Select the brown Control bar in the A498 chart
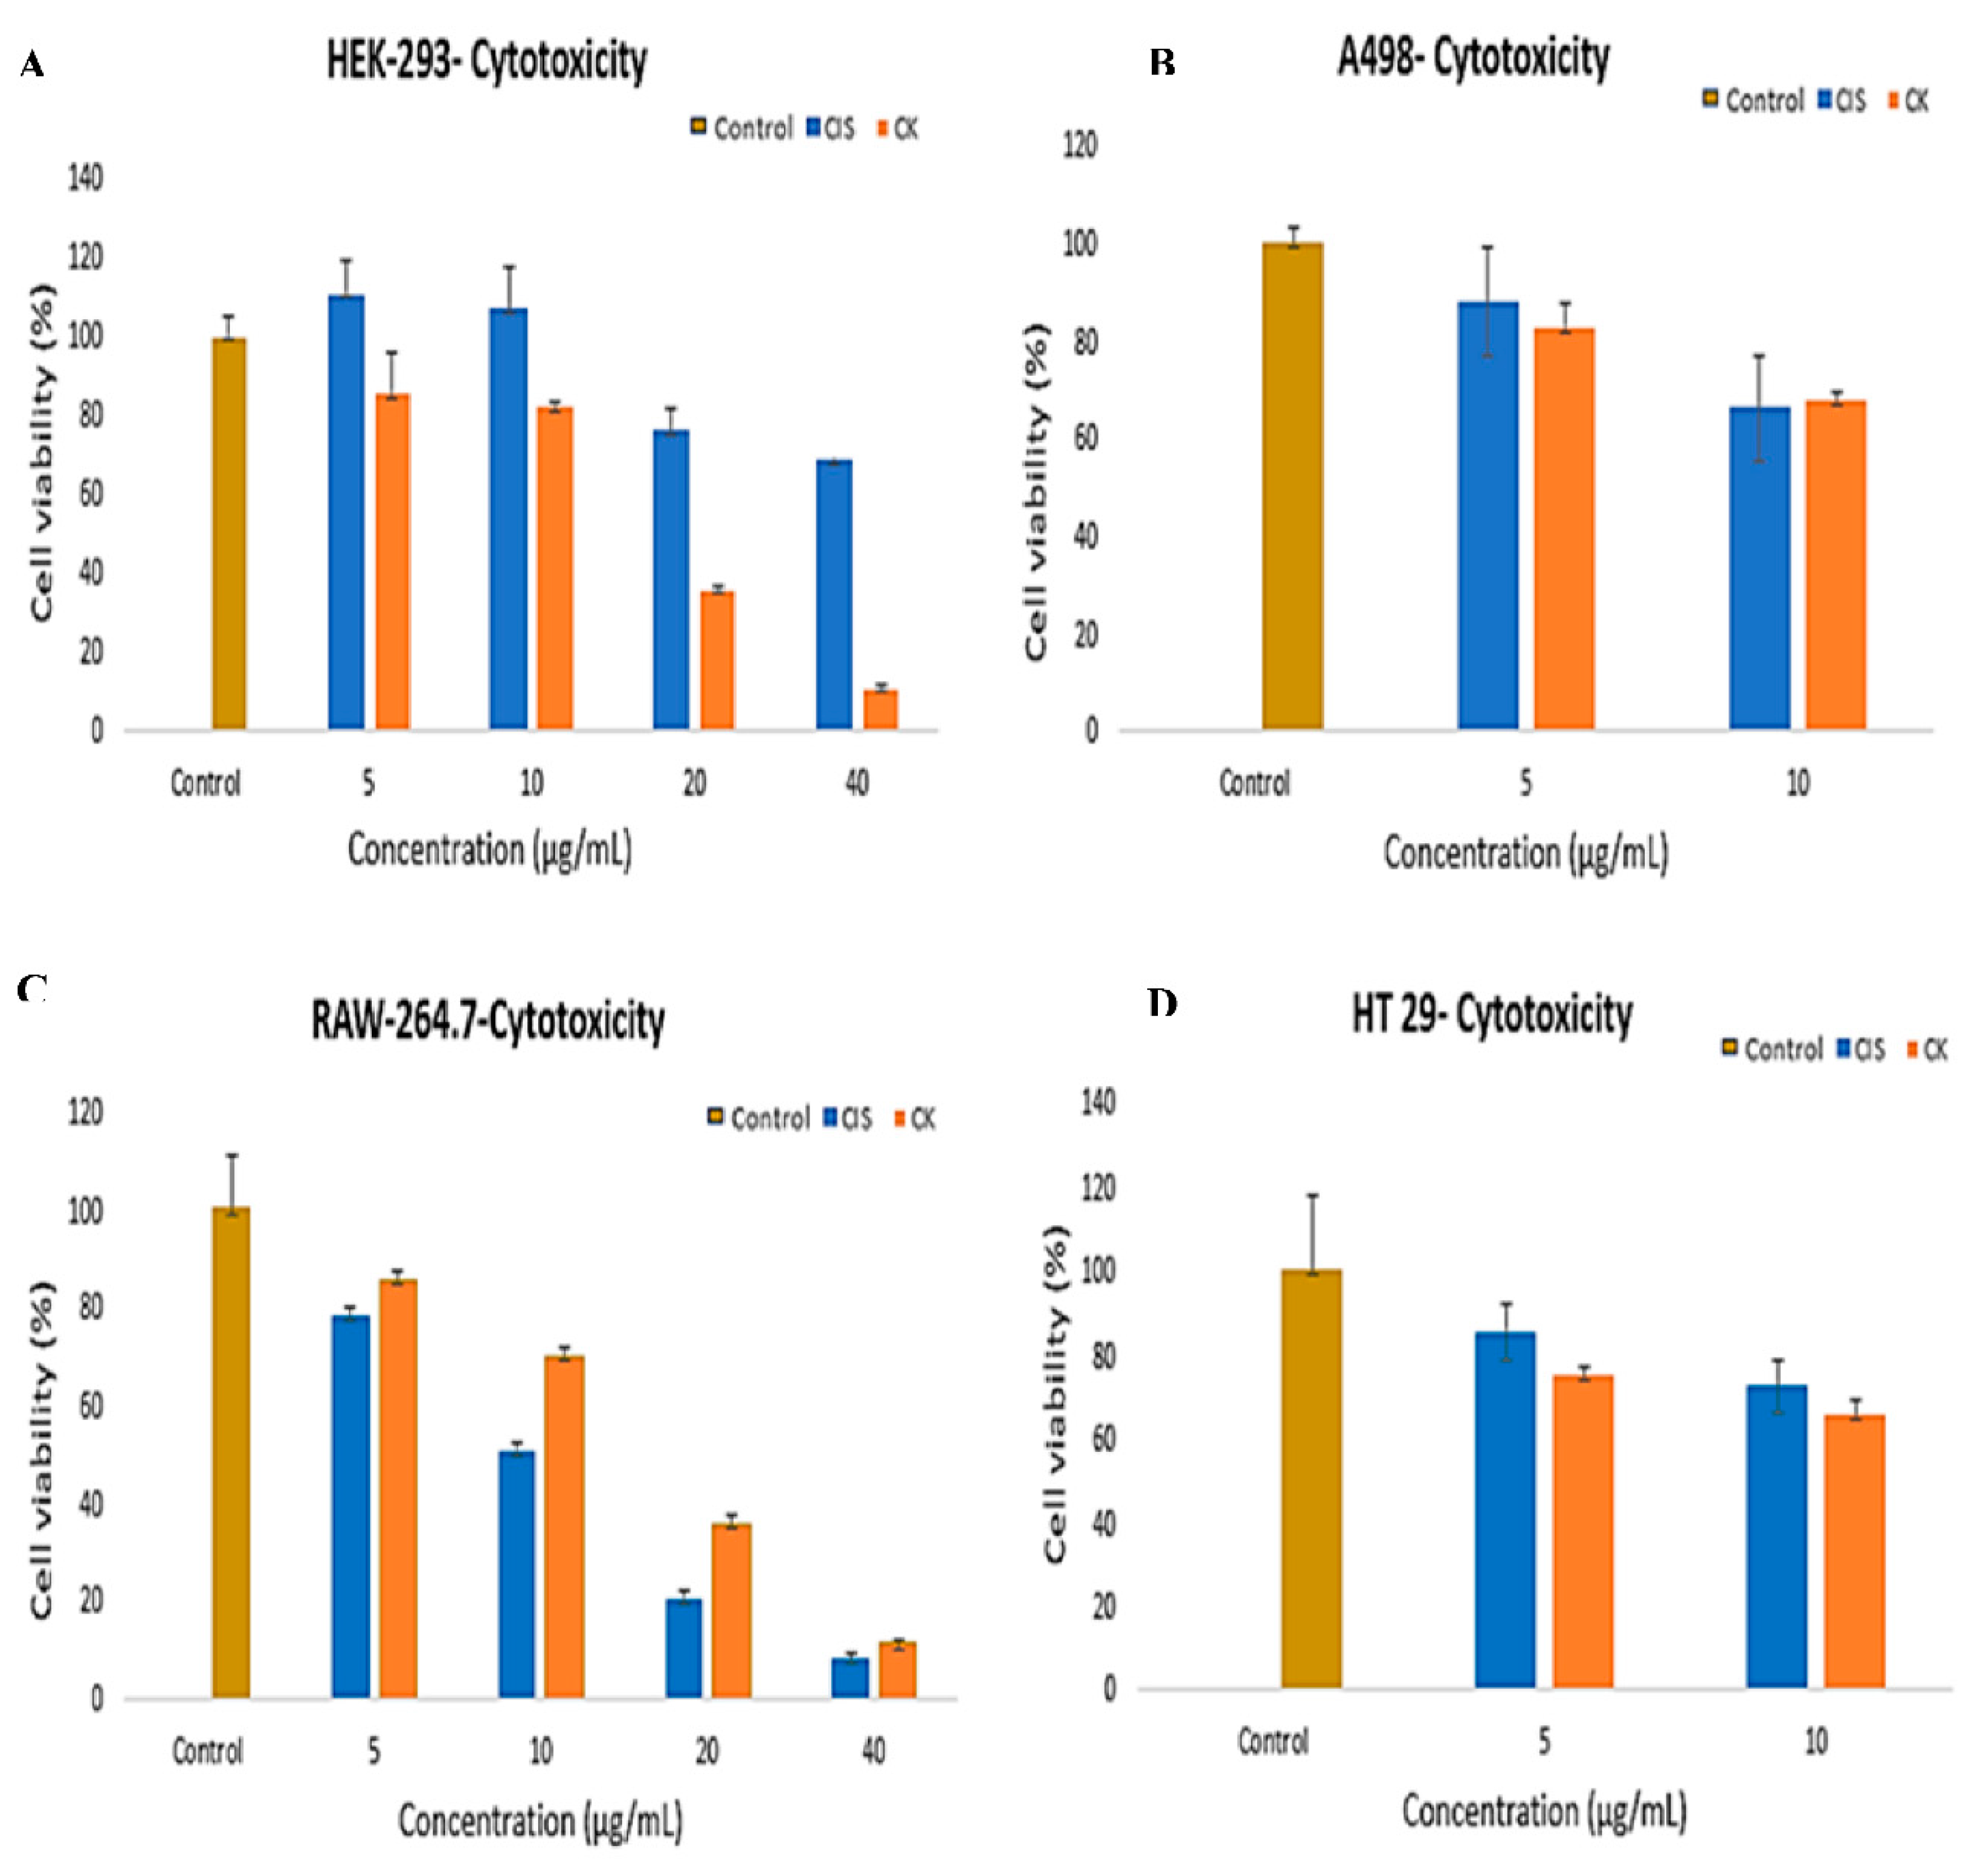pos(1292,486)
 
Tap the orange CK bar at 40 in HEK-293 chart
pos(880,709)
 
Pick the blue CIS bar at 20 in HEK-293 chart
pos(671,580)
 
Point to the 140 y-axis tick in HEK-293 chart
pos(85,179)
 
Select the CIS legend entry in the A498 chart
pos(1843,100)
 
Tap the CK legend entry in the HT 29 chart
pos(1927,1049)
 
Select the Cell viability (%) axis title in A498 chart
pos(1036,491)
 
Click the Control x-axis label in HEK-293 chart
pos(205,784)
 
